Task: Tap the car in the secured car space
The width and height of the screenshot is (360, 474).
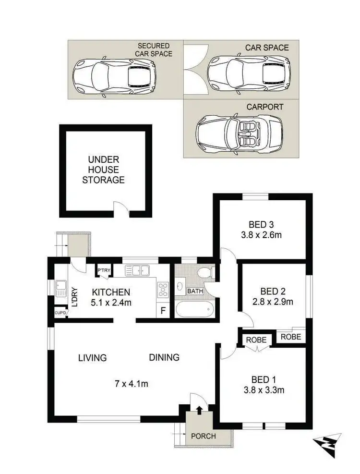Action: point(114,75)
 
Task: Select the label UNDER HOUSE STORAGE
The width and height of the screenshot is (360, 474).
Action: point(103,170)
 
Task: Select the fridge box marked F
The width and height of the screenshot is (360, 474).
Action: point(163,310)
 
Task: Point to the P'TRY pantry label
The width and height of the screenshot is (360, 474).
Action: point(103,270)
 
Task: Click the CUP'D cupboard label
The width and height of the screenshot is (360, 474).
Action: point(60,313)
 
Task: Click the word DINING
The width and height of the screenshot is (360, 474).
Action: point(164,357)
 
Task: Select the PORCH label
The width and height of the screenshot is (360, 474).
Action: point(204,436)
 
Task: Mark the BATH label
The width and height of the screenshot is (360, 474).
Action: point(195,291)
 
